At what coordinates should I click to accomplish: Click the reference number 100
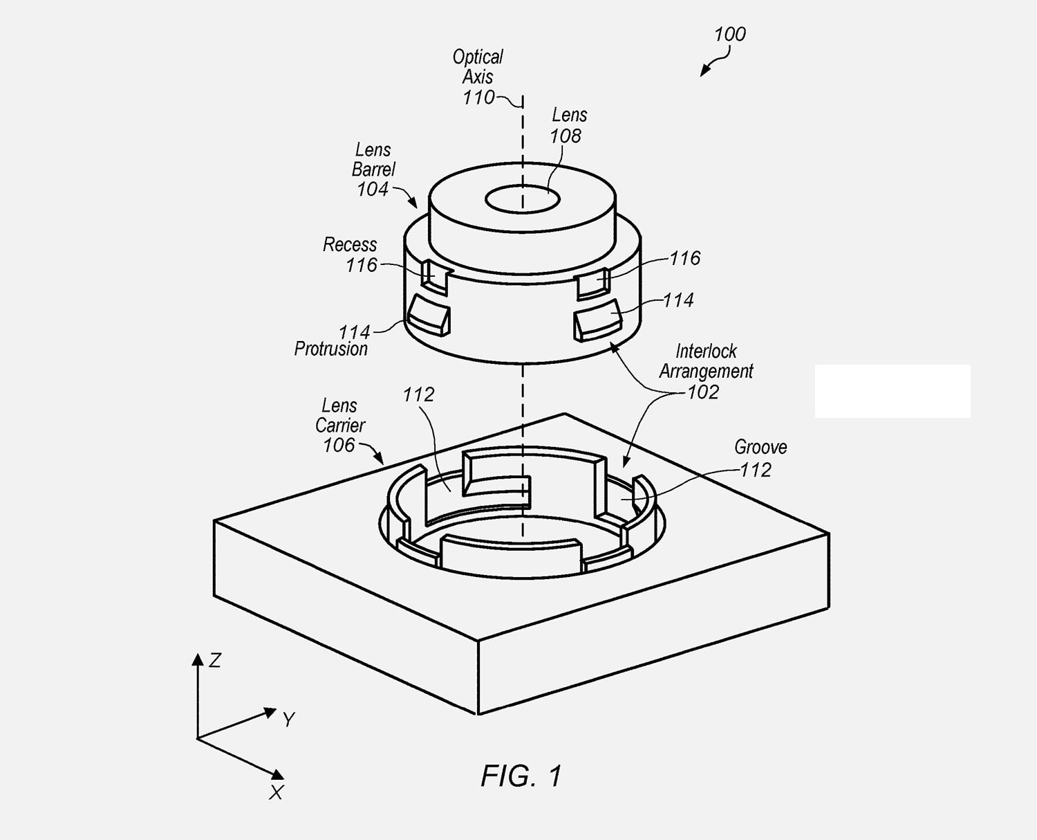coord(730,34)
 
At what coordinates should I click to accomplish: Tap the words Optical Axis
coord(478,66)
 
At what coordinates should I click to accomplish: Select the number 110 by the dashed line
coord(478,98)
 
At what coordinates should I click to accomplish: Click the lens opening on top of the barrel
coord(523,199)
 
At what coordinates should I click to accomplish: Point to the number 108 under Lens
coord(566,136)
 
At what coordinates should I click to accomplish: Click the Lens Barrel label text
coord(373,159)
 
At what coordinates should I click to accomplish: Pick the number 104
coord(373,189)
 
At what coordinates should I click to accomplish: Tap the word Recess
coord(350,244)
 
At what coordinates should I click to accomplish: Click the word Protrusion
coord(330,349)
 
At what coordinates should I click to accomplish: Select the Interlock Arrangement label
coord(706,361)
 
